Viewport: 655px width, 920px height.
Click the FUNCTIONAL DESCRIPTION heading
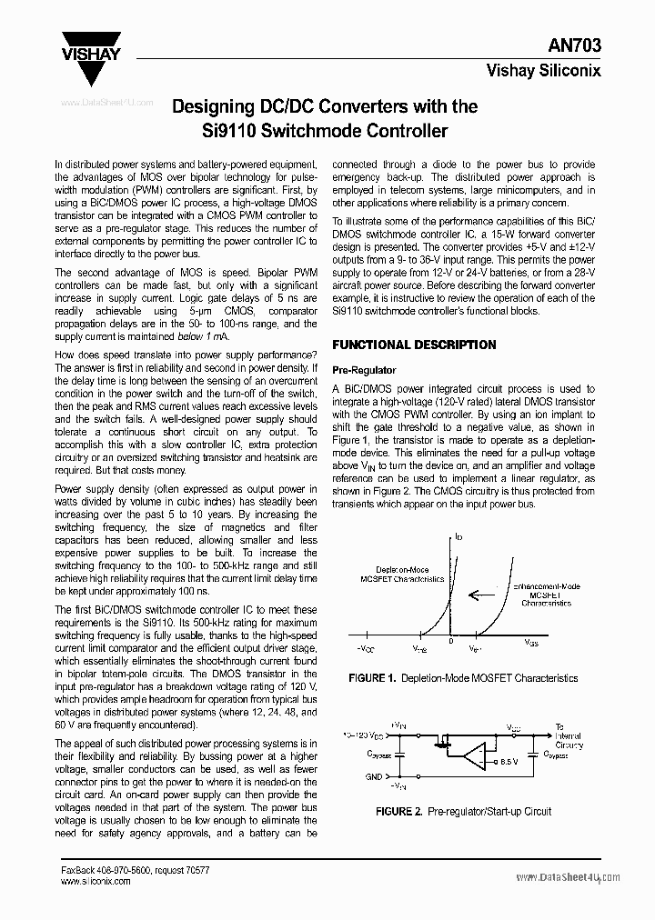pyautogui.click(x=414, y=345)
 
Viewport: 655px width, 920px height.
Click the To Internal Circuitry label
pyautogui.click(x=569, y=736)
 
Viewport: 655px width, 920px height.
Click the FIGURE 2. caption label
pyautogui.click(x=399, y=811)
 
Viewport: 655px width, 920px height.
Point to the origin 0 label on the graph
pyautogui.click(x=449, y=642)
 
